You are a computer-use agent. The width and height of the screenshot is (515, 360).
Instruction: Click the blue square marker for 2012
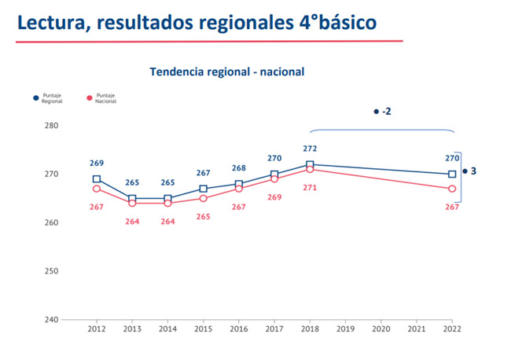[x=97, y=179]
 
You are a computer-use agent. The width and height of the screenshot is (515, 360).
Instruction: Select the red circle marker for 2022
[x=452, y=189]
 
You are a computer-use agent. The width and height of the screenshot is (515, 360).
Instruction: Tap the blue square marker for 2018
[x=310, y=164]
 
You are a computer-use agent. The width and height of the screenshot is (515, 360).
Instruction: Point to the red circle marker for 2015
[x=203, y=198]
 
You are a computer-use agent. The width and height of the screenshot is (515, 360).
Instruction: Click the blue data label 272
[x=310, y=148]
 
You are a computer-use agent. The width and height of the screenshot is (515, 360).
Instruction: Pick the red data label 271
[x=310, y=187]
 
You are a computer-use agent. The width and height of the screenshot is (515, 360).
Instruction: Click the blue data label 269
[x=97, y=163]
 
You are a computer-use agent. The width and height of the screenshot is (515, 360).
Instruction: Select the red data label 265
[x=203, y=215]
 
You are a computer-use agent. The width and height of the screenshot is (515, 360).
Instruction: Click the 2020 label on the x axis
[x=381, y=330]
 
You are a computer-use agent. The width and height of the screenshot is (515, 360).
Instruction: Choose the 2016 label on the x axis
[x=239, y=330]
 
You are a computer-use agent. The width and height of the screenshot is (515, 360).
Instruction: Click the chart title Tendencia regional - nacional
[x=226, y=72]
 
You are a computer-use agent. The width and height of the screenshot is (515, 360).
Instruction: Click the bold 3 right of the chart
[x=473, y=171]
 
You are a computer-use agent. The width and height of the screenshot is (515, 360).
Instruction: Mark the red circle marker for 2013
[x=132, y=203]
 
